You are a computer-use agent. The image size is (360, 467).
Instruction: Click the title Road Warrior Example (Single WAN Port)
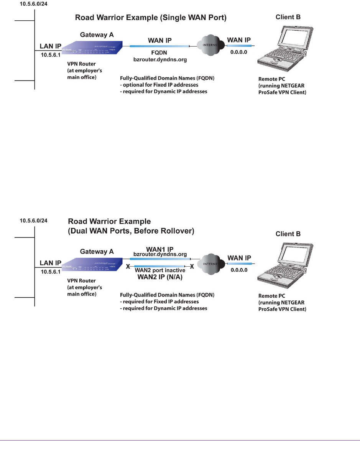click(151, 18)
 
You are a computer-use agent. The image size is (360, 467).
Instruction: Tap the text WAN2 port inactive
click(159, 270)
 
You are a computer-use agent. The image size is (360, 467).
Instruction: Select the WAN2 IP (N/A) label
click(159, 277)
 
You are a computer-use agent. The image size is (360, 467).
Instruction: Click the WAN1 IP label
click(160, 249)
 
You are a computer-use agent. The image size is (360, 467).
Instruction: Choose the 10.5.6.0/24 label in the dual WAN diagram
click(34, 221)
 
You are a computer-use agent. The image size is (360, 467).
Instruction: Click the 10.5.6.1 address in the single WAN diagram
click(48, 55)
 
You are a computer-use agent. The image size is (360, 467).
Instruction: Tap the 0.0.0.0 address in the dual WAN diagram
click(239, 270)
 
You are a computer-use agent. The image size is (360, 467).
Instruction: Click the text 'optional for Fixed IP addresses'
click(161, 85)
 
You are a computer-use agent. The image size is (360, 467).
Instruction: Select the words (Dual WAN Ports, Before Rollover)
click(131, 231)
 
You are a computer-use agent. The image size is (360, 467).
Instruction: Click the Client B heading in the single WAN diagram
click(288, 17)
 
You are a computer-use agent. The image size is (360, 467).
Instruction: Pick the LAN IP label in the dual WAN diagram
click(50, 263)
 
